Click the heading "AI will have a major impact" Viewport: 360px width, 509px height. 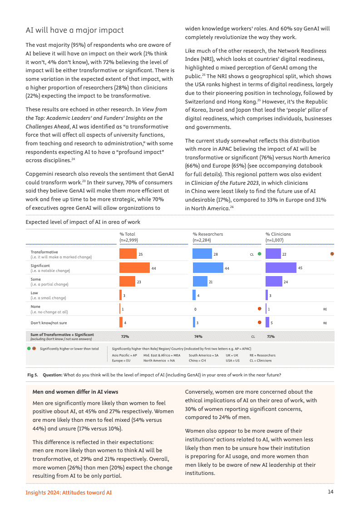(x=74, y=30)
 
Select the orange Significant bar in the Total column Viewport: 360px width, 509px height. (x=134, y=268)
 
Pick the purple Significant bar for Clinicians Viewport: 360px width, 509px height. (x=281, y=268)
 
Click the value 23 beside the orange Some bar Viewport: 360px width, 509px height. (x=139, y=282)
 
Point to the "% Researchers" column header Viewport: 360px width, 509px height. (x=207, y=234)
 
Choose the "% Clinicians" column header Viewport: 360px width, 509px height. (x=278, y=234)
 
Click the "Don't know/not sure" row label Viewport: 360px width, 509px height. (x=49, y=323)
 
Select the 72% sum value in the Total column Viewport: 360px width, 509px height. (x=125, y=336)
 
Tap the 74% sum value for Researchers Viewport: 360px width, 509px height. (x=198, y=336)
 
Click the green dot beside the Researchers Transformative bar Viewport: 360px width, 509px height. (x=259, y=254)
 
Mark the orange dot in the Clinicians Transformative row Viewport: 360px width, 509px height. (x=332, y=254)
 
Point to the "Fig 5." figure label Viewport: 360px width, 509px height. (x=32, y=375)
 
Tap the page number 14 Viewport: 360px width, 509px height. (x=331, y=492)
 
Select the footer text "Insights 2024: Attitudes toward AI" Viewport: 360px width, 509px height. (x=69, y=492)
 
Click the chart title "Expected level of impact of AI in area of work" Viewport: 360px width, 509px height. (x=83, y=222)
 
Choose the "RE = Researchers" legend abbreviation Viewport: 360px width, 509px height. (x=262, y=355)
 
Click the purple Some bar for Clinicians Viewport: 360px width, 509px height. (x=274, y=282)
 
